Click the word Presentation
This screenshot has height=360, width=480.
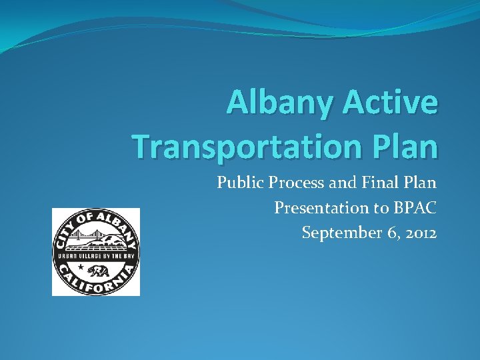320,209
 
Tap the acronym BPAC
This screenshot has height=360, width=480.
415,209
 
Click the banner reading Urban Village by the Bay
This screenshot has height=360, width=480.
95,257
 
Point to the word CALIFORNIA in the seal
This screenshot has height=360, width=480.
95,285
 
